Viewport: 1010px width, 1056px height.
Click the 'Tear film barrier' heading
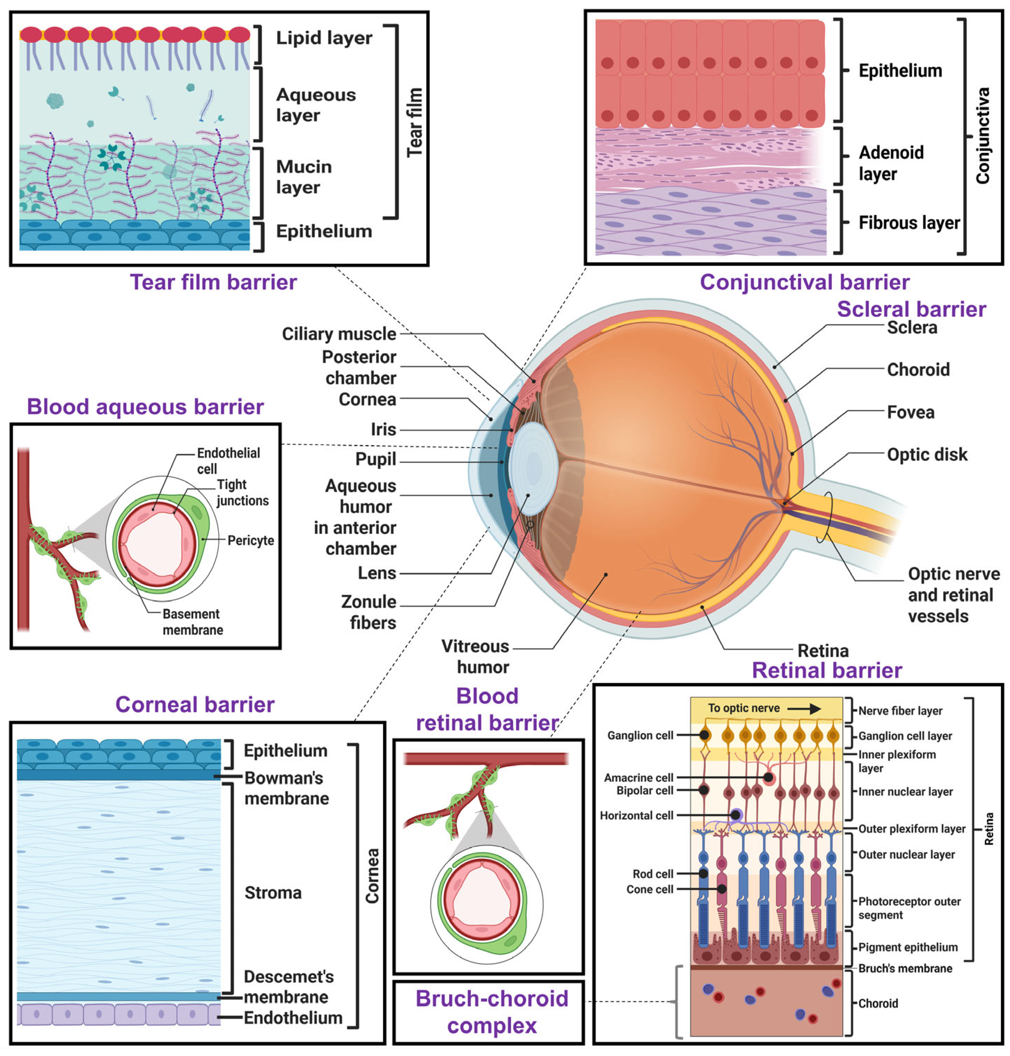pos(213,282)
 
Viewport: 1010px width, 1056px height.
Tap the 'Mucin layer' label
pos(304,176)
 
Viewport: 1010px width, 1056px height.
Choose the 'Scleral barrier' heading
pos(911,309)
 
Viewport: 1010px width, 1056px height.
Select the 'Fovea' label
pos(910,412)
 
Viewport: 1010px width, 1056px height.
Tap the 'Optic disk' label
pos(927,455)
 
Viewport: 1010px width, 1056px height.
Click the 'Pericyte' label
pos(250,540)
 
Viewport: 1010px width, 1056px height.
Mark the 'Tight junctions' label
pos(242,492)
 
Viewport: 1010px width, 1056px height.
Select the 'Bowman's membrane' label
pos(286,788)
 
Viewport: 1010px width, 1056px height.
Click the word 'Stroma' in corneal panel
pos(273,893)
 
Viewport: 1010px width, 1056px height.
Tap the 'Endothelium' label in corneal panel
pos(293,1018)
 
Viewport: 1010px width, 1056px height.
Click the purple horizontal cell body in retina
pos(735,815)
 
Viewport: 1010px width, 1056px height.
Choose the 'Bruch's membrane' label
pos(905,968)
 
